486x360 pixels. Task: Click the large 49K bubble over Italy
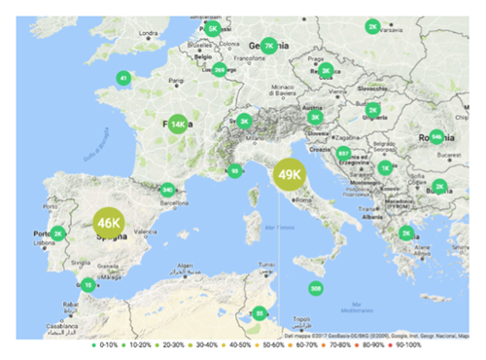290,175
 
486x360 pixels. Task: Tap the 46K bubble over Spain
108,223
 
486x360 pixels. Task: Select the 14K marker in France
177,125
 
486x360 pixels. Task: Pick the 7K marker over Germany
269,45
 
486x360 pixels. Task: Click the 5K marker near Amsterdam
212,28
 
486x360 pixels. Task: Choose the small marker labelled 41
122,78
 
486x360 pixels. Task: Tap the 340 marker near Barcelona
168,190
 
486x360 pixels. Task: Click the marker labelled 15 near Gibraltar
87,285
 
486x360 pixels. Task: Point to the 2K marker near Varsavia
372,27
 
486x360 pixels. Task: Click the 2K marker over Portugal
57,234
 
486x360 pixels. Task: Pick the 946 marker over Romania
436,137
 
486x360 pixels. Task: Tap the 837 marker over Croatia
343,154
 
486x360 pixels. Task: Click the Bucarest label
446,155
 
